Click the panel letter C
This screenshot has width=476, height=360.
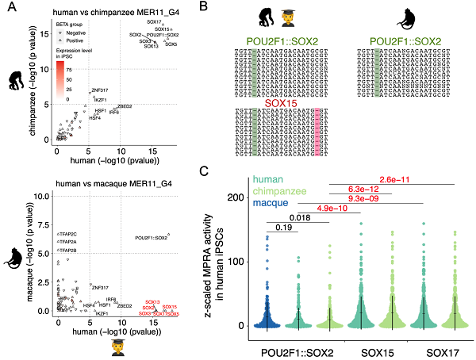205,171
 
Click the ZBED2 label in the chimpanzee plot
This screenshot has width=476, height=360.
125,106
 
